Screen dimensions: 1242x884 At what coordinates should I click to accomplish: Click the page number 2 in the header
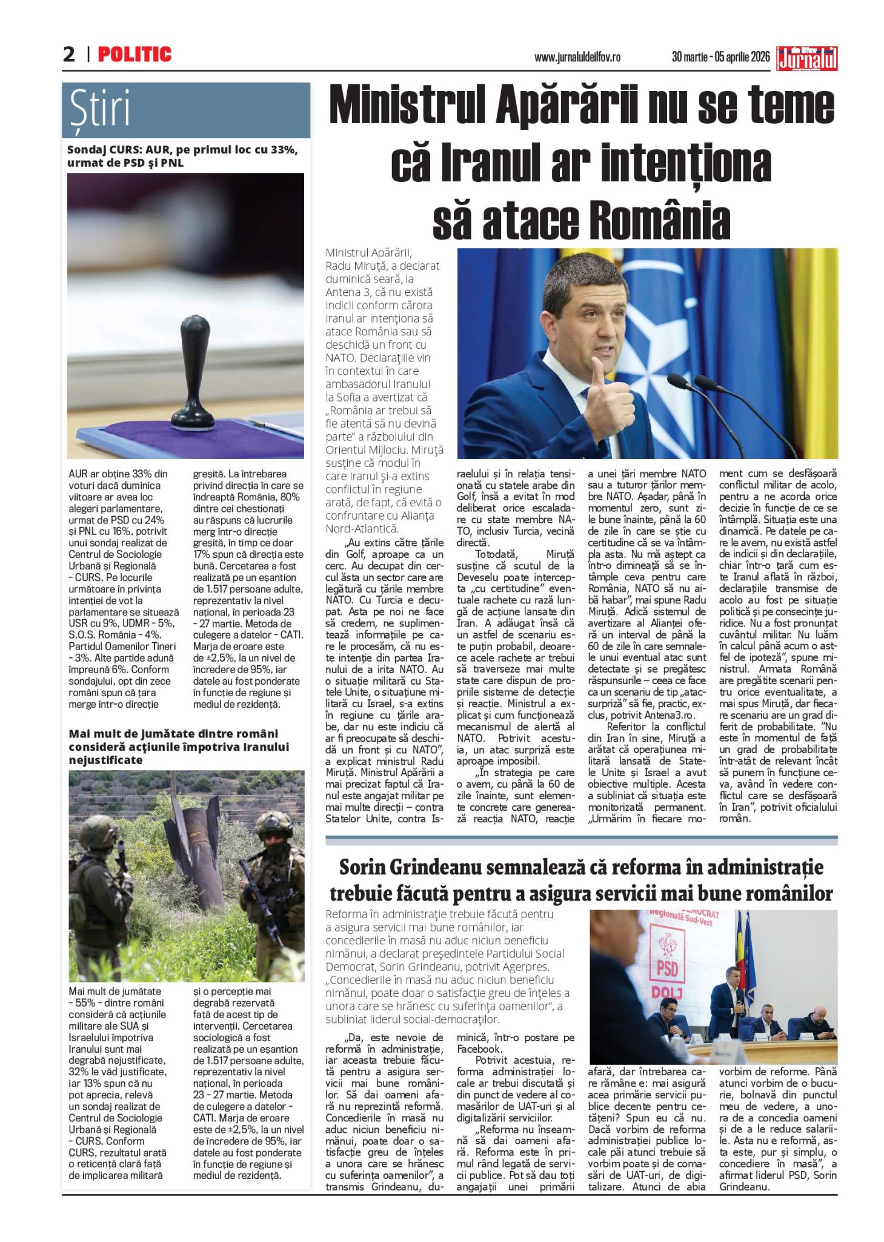click(x=69, y=55)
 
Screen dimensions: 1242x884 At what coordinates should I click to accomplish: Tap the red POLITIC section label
click(x=135, y=55)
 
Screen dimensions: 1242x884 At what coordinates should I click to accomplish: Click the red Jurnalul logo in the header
click(x=808, y=58)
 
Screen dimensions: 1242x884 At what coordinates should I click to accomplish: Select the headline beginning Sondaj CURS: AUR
click(x=182, y=156)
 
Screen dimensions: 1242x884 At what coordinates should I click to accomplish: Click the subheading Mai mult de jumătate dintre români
click(x=179, y=747)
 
